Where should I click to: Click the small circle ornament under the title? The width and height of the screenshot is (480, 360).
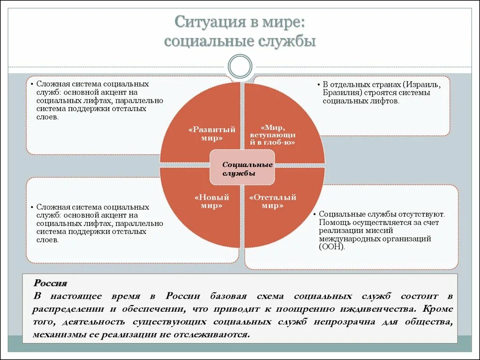[x=240, y=66]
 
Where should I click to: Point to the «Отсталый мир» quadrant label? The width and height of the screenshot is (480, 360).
[x=272, y=202]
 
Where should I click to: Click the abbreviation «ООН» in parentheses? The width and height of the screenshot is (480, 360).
[x=332, y=247]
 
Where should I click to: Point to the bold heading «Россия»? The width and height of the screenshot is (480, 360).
[x=50, y=283]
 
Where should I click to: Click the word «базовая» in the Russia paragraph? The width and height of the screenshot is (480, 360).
[x=228, y=296]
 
